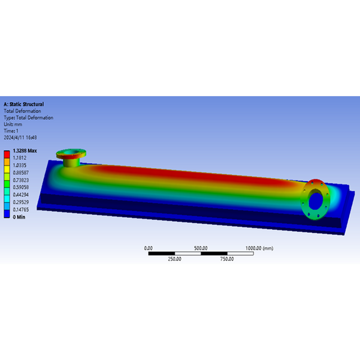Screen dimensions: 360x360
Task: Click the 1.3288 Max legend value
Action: (25, 151)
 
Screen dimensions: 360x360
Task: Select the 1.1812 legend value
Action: (20, 158)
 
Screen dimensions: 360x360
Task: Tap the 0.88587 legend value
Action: (21, 173)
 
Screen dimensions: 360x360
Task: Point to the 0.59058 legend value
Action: (21, 187)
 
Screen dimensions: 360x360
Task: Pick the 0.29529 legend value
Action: (21, 202)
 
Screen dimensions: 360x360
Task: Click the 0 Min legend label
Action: (19, 217)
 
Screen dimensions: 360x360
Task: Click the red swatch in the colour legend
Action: (7, 154)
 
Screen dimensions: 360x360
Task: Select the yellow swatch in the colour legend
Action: (7, 169)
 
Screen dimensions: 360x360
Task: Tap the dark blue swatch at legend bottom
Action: (7, 214)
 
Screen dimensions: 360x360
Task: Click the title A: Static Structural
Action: (24, 104)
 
